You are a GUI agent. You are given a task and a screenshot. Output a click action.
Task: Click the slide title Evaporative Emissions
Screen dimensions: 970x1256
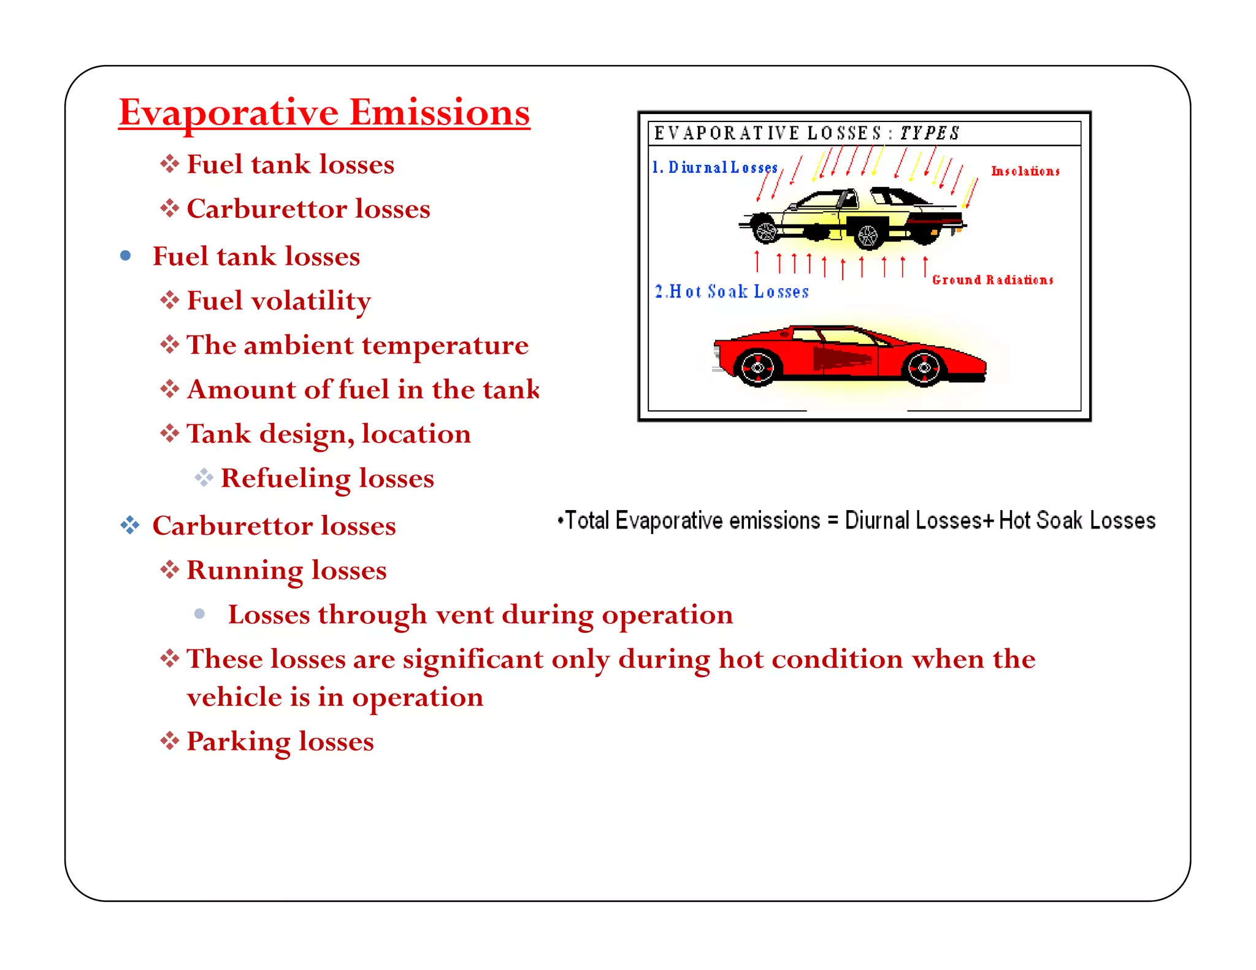(324, 113)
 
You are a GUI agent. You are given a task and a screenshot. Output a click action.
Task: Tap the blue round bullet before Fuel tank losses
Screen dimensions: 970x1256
(126, 256)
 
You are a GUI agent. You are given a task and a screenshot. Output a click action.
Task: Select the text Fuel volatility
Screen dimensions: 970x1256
(278, 300)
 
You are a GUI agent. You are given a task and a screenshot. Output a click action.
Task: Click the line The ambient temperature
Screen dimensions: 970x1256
(357, 345)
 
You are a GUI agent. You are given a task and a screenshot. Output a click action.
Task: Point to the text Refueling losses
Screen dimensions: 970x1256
(327, 478)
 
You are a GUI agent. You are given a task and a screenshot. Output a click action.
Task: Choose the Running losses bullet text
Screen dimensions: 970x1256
(286, 570)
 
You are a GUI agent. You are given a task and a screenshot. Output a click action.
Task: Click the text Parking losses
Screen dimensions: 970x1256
(280, 741)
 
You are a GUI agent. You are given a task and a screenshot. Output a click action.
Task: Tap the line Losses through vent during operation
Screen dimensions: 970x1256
(480, 614)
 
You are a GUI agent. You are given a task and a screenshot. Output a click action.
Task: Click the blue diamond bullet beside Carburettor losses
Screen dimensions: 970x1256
(129, 525)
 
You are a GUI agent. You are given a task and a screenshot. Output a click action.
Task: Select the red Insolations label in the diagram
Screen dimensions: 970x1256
(1025, 171)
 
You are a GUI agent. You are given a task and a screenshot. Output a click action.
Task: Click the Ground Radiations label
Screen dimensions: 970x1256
(992, 280)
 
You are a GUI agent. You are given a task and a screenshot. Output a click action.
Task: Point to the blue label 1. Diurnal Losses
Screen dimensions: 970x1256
(715, 167)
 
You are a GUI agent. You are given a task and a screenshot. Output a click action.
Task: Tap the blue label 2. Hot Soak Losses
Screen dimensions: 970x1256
(732, 292)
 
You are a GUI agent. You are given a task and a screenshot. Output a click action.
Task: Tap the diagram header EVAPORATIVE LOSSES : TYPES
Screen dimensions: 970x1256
(806, 133)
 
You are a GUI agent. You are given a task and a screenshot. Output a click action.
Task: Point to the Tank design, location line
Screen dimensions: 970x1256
(328, 434)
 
